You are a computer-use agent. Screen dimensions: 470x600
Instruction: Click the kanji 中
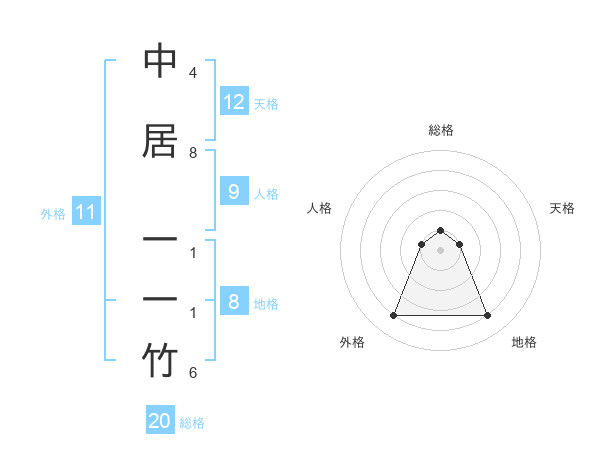pos(160,62)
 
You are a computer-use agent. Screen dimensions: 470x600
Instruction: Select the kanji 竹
pos(160,362)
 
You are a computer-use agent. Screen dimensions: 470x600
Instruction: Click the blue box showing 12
pos(234,102)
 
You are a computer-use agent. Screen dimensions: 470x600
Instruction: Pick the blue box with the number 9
pos(234,193)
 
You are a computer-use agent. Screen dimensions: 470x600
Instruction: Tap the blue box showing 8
pos(234,302)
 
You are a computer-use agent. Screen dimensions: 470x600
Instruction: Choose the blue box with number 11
pos(85,212)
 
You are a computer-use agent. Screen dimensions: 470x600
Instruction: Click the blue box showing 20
pos(160,421)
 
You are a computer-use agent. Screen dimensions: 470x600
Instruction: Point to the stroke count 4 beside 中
pos(192,73)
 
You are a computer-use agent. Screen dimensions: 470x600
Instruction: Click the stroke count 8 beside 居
pos(192,153)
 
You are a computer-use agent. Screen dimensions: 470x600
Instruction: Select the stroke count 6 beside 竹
pos(192,373)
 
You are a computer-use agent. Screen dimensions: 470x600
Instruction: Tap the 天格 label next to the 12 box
pos(266,104)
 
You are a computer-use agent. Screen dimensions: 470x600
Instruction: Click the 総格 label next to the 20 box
pos(192,423)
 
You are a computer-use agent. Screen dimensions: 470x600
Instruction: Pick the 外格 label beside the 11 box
pos(53,214)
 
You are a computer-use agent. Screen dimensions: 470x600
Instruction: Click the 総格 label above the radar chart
pos(440,130)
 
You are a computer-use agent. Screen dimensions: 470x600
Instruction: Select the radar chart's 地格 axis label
pos(524,342)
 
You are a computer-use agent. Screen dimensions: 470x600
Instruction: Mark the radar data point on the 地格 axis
pos(487,316)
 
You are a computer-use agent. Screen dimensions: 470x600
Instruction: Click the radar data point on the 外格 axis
pos(393,316)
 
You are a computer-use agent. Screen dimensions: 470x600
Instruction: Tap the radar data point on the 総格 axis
pos(440,230)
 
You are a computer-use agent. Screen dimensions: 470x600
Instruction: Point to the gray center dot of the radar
pos(440,250)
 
